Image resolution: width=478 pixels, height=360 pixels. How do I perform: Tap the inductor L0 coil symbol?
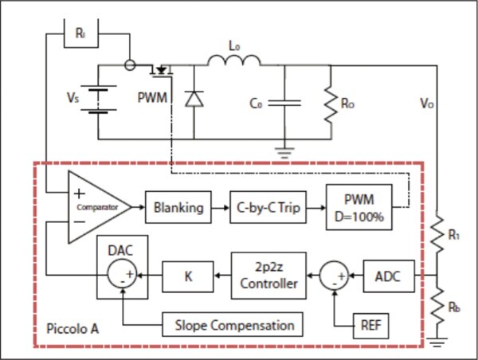[x=234, y=62]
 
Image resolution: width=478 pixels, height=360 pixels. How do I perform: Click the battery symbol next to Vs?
[x=98, y=101]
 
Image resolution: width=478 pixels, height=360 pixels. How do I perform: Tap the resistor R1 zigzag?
[x=437, y=235]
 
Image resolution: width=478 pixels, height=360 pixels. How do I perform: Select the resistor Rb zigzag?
[x=437, y=306]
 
